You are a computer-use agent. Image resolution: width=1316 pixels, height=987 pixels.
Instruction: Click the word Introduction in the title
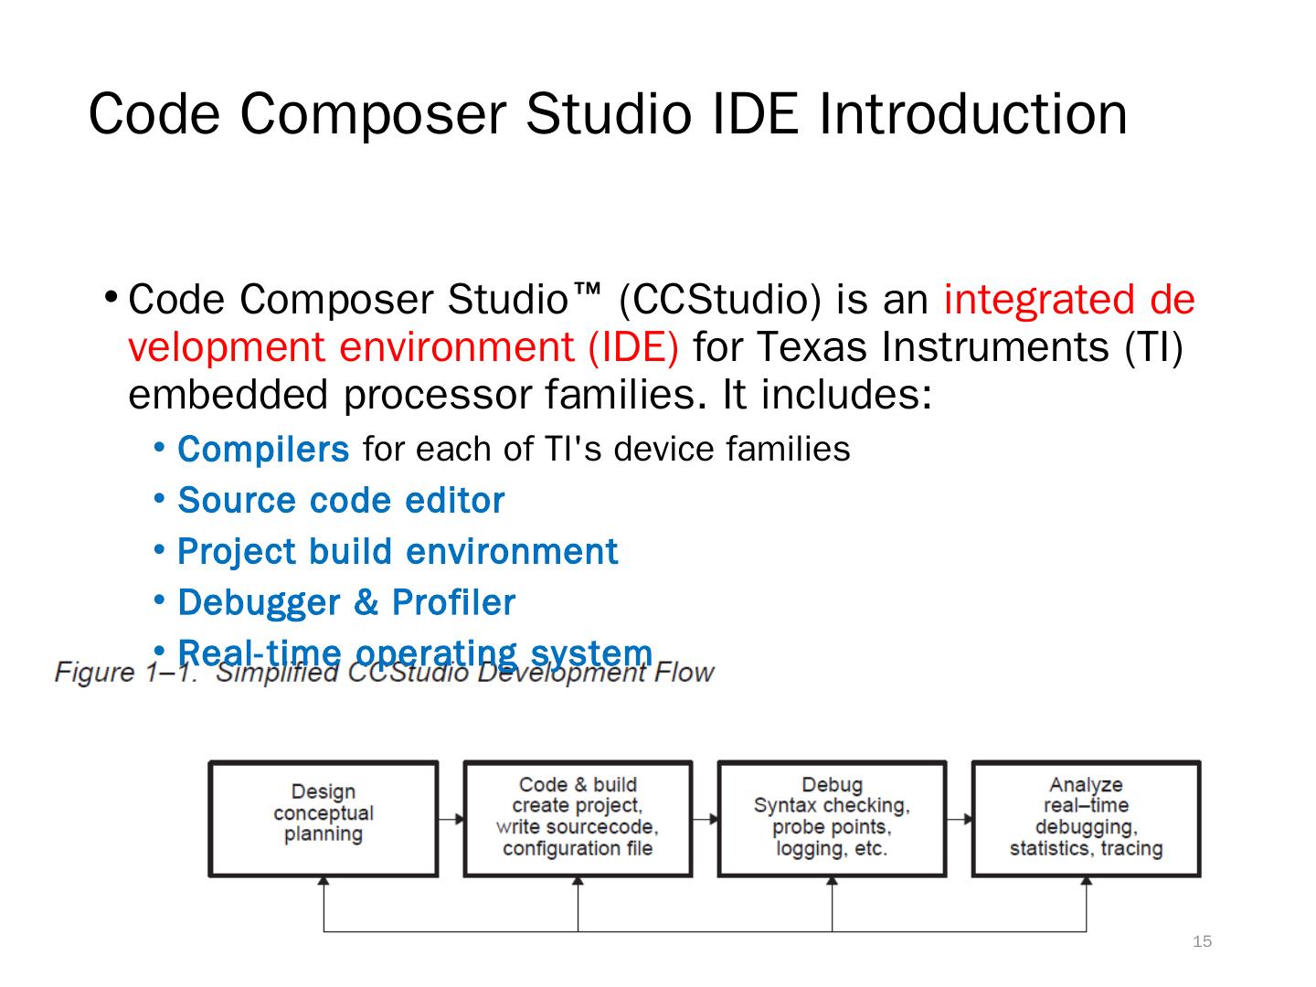coord(972,114)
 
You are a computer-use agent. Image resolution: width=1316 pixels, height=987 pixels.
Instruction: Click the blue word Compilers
coord(263,450)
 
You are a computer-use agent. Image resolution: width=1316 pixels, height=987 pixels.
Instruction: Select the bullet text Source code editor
coord(341,501)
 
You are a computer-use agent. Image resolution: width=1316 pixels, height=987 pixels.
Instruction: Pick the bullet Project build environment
coord(398,552)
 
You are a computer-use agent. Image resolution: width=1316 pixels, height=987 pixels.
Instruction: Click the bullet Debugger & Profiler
coord(346,603)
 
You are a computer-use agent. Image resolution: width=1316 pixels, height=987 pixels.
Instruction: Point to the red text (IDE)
coord(633,347)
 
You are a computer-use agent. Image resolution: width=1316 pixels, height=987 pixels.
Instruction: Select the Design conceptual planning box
coord(324,818)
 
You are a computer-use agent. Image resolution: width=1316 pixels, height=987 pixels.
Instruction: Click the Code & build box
coord(578,818)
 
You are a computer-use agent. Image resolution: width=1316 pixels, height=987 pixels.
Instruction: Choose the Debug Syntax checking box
coord(832,818)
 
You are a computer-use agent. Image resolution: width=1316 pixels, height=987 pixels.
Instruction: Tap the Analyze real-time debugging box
coord(1086,818)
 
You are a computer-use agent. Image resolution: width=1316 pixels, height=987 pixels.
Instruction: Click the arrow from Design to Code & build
coord(451,820)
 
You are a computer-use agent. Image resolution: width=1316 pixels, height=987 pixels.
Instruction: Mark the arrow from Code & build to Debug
coord(706,820)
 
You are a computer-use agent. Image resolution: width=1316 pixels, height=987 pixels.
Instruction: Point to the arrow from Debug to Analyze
coord(960,820)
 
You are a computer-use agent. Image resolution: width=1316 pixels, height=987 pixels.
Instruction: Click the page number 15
coord(1203,942)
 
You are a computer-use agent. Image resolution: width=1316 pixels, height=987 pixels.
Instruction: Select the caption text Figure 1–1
coord(126,674)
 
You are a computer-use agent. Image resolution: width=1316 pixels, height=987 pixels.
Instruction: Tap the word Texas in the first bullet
coord(812,347)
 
